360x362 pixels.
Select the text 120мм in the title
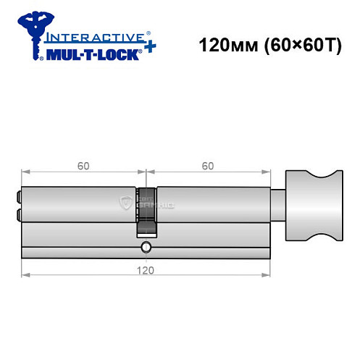pyautogui.click(x=222, y=44)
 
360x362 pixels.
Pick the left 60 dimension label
pyautogui.click(x=83, y=166)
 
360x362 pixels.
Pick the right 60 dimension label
pyautogui.click(x=208, y=166)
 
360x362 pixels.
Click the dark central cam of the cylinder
pyautogui.click(x=147, y=211)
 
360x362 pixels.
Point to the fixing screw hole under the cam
pyautogui.click(x=147, y=248)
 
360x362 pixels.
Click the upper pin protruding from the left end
pyautogui.click(x=18, y=195)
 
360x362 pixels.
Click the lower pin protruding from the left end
pyautogui.click(x=18, y=214)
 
